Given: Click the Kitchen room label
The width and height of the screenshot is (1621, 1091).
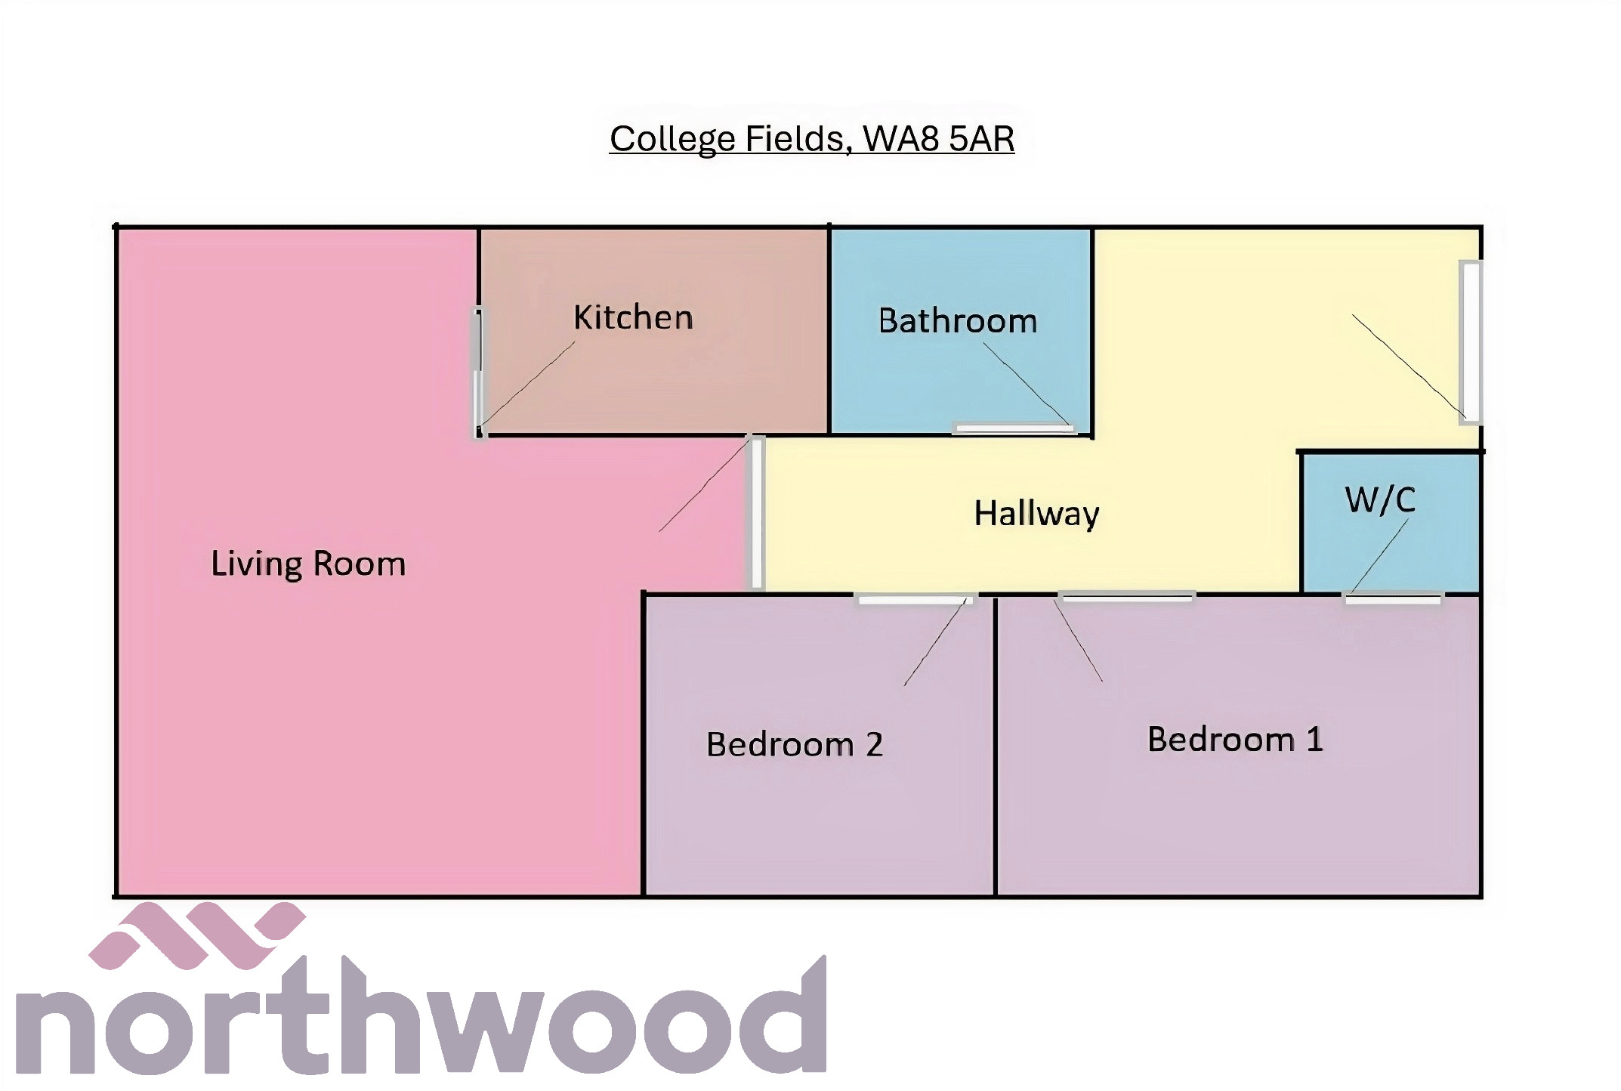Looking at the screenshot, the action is [x=633, y=317].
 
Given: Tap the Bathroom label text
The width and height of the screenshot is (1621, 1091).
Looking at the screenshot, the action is [x=957, y=321].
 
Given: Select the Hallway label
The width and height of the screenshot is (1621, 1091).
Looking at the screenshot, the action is [x=1036, y=514].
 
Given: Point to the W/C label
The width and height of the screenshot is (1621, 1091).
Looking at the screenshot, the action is [x=1380, y=500].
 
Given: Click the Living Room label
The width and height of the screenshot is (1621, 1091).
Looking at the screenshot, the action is [x=308, y=564].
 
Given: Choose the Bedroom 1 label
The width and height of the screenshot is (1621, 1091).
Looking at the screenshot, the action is [x=1235, y=739].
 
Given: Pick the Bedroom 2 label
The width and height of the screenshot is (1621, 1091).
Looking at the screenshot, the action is [x=795, y=744].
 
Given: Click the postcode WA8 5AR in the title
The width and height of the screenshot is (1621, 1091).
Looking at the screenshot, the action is [x=938, y=139].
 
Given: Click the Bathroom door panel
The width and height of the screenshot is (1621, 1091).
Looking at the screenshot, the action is [x=1014, y=429].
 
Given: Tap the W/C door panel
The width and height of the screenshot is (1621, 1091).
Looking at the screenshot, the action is [x=1393, y=599].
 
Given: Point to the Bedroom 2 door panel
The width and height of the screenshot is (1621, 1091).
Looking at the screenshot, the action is [x=914, y=599].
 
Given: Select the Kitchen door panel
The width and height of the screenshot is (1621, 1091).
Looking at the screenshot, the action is [x=478, y=372].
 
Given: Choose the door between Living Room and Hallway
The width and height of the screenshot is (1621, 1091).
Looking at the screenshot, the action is [x=756, y=512].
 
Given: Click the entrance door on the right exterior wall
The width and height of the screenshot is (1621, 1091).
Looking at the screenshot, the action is [x=1470, y=342].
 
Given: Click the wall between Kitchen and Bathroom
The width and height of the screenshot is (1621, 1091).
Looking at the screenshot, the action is [x=829, y=331].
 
